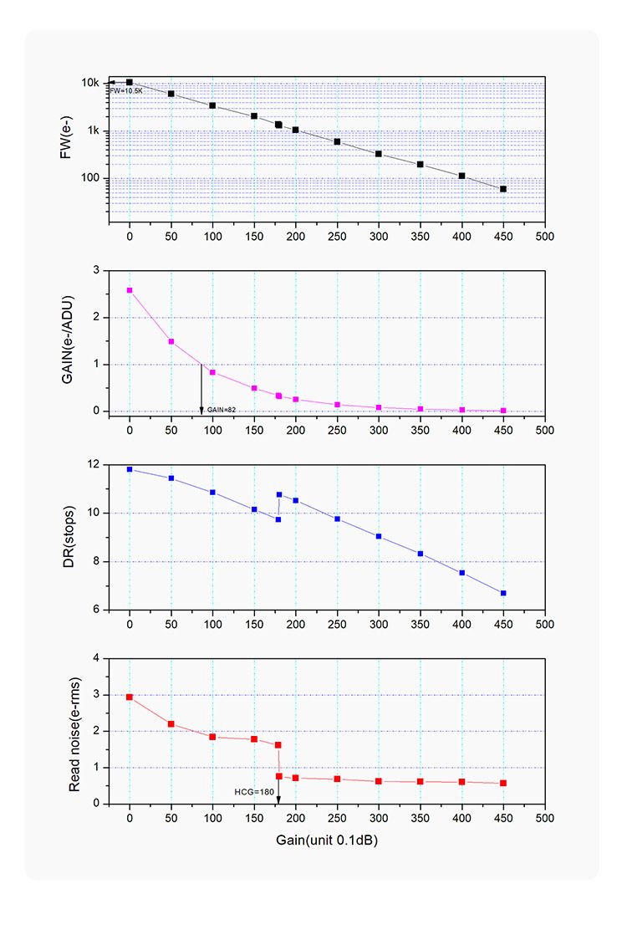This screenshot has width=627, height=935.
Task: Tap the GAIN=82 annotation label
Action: [222, 410]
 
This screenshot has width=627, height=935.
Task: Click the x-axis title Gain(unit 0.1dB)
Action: [326, 839]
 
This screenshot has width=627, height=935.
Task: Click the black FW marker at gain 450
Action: [503, 189]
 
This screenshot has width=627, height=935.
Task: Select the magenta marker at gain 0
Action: [130, 290]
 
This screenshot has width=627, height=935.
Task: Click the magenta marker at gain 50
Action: [171, 341]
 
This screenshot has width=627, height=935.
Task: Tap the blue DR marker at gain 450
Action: [503, 593]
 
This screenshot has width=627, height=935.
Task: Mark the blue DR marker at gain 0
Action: [130, 469]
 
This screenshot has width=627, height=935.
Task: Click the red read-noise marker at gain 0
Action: [130, 697]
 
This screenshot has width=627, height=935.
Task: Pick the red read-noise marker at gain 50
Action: [171, 724]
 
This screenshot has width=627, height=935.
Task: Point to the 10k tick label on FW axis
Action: [90, 83]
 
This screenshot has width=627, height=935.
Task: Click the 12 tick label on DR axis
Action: [94, 464]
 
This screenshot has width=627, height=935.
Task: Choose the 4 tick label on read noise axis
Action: [97, 658]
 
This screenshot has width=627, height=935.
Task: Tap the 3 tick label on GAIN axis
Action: [97, 270]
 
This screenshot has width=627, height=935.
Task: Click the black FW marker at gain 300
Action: [379, 154]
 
